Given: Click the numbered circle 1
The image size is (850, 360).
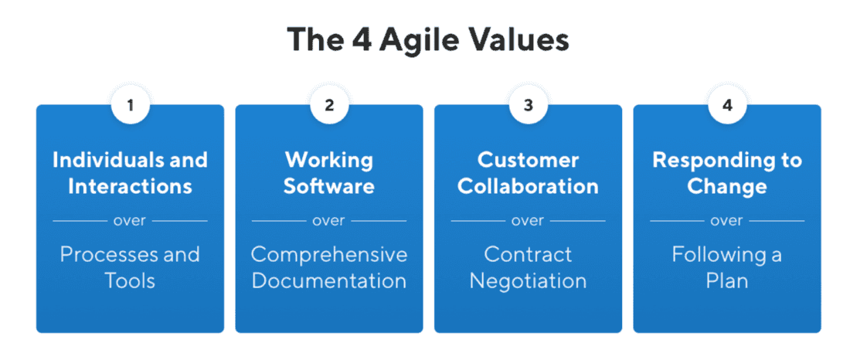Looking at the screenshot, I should coord(130,105).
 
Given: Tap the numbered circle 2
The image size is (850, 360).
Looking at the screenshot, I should coord(329,105).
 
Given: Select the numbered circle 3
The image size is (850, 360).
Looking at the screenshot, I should coord(529,105).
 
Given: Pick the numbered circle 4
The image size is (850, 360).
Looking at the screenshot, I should coord(727,105).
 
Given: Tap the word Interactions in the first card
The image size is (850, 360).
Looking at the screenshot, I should coord(130,186).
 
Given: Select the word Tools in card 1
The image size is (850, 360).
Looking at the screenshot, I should coord(130,280).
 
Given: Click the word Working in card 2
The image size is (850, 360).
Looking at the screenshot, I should coord(329,160).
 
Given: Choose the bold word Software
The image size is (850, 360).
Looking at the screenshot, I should coord(329,186).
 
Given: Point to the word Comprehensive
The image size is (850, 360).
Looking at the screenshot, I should coord(329,254).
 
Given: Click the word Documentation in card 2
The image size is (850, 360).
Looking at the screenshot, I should coord(329,280).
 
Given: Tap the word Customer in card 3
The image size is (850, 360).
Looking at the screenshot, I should coord(529,160).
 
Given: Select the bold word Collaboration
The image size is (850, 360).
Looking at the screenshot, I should coord(529,186).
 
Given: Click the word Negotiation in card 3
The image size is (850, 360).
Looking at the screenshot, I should coord(529,280).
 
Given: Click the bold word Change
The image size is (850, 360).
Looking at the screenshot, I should coord(727,186).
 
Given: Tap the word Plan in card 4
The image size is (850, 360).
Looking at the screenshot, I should coord(727,280).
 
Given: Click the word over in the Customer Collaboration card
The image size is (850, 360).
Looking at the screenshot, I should coord(529,221).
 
